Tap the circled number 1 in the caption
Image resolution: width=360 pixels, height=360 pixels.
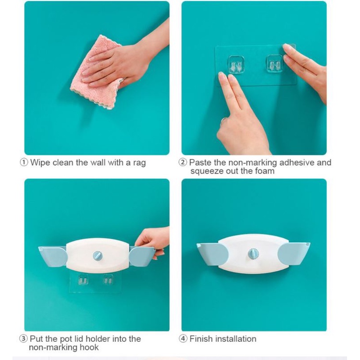[x=23, y=163]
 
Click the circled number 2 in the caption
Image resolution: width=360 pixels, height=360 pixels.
[x=183, y=163]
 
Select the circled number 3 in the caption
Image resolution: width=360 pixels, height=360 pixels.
[x=23, y=339]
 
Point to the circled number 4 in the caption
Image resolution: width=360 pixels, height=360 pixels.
[x=183, y=339]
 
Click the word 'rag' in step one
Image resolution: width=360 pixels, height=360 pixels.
[x=139, y=163]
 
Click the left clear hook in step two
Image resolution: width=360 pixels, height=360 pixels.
[x=236, y=65]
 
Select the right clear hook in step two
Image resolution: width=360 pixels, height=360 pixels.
[x=275, y=64]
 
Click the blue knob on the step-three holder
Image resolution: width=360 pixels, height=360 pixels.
[x=98, y=255]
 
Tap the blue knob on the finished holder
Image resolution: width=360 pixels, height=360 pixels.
[x=253, y=254]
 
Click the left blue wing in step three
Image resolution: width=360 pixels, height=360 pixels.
[x=53, y=256]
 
